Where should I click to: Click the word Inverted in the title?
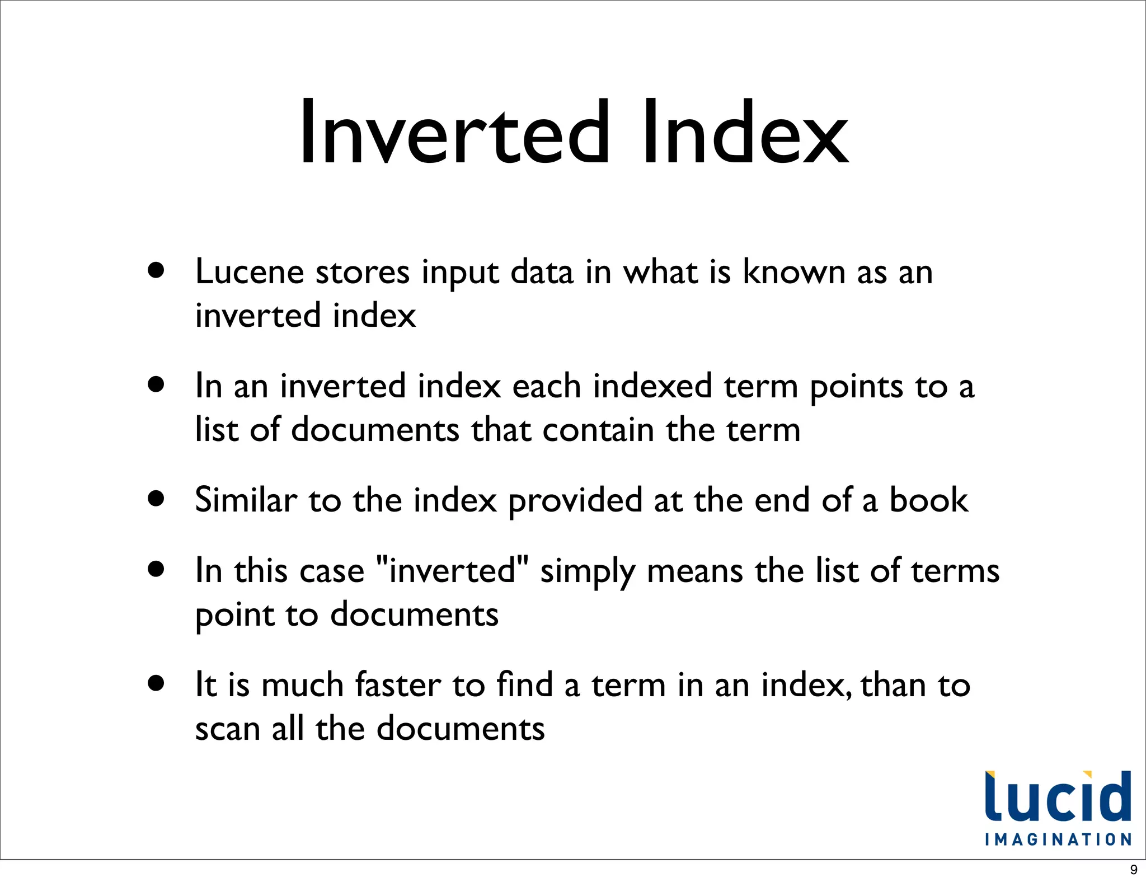[x=454, y=133]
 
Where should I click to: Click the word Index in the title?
[x=746, y=133]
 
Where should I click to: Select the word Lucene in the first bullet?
[x=250, y=273]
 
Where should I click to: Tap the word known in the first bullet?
[x=793, y=273]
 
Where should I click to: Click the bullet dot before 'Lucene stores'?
[x=157, y=271]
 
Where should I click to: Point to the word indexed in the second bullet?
[x=652, y=386]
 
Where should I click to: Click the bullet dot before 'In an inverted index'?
[x=157, y=384]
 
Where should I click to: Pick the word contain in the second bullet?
[x=598, y=430]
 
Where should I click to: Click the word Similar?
[x=246, y=500]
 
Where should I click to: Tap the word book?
[x=928, y=500]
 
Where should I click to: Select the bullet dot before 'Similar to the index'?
[x=157, y=498]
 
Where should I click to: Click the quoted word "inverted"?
[x=453, y=571]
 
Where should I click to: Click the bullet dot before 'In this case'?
[x=157, y=569]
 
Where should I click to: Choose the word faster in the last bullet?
[x=398, y=685]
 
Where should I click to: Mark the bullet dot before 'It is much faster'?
[x=157, y=683]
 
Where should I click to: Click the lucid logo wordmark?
[x=1058, y=797]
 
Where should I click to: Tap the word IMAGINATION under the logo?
[x=1058, y=839]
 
